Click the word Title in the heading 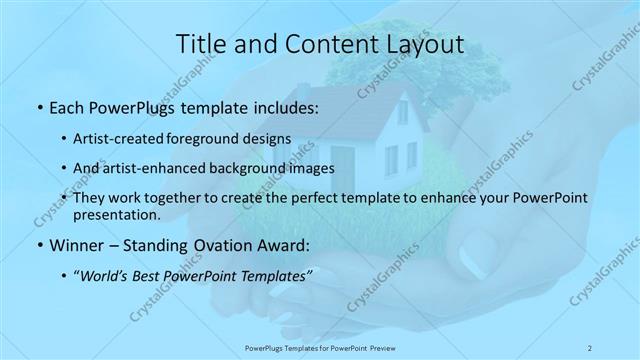pyautogui.click(x=198, y=43)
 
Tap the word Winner pyautogui.click(x=77, y=245)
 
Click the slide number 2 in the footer pyautogui.click(x=589, y=347)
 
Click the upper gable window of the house pyautogui.click(x=402, y=111)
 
